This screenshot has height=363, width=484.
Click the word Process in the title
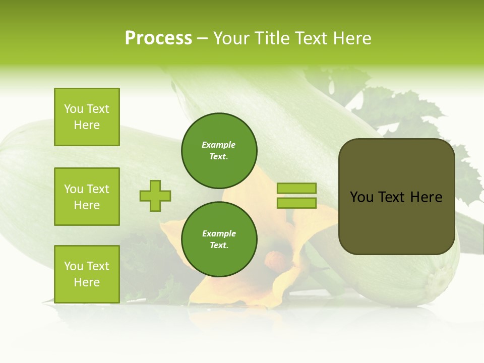158,38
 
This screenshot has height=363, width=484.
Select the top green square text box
87,117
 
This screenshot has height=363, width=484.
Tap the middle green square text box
87,197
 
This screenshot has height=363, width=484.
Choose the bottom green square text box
87,274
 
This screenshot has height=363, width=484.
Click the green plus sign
155,196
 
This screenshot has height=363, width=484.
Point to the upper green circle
219,151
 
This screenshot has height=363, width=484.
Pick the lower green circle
219,239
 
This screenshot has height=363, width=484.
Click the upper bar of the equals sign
296,189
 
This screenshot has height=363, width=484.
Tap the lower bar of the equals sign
296,203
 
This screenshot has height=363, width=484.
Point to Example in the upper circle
218,145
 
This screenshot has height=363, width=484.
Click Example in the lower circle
218,233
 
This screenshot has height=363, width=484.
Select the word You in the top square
73,109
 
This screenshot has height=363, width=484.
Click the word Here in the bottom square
87,282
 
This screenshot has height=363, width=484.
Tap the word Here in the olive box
426,197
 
